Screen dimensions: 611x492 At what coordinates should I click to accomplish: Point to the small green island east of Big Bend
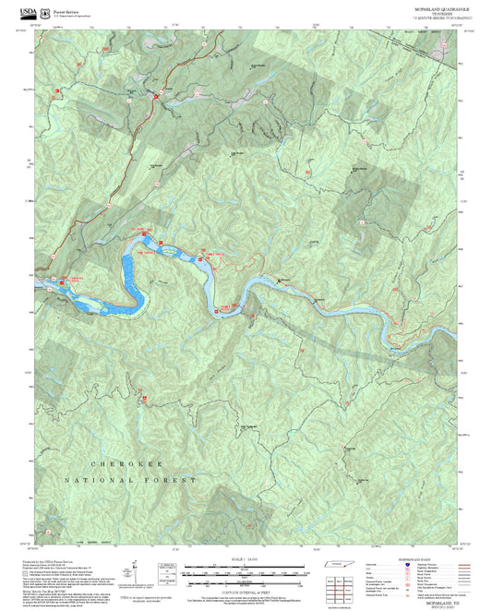pyautogui.click(x=198, y=260)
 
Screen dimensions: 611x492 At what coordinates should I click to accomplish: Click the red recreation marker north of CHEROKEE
pyautogui.click(x=144, y=398)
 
